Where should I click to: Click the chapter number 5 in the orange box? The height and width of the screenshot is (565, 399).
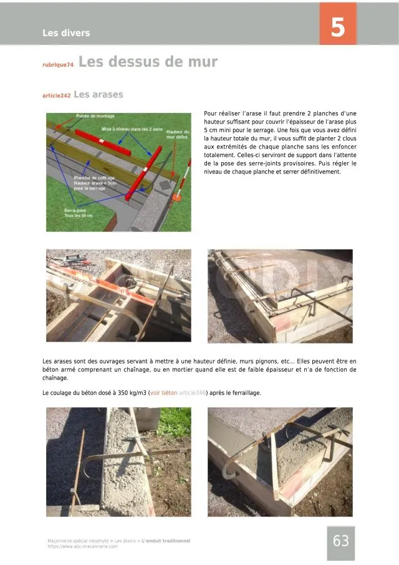(337, 27)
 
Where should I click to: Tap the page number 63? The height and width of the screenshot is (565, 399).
(341, 541)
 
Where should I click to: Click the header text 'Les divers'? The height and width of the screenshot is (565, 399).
(66, 33)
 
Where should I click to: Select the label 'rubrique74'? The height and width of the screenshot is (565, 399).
(58, 65)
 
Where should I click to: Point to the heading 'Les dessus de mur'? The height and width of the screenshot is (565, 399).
(148, 62)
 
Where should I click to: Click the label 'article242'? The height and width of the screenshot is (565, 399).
(56, 96)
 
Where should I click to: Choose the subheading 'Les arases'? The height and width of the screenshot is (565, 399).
(99, 95)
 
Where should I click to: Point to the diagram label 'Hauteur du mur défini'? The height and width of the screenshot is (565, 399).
(178, 134)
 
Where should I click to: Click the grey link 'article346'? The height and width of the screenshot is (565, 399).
(193, 393)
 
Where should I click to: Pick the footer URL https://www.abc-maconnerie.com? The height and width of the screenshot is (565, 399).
(82, 546)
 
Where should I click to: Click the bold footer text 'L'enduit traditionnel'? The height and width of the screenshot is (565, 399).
(166, 541)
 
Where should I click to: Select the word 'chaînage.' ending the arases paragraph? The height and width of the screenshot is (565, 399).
(55, 378)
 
